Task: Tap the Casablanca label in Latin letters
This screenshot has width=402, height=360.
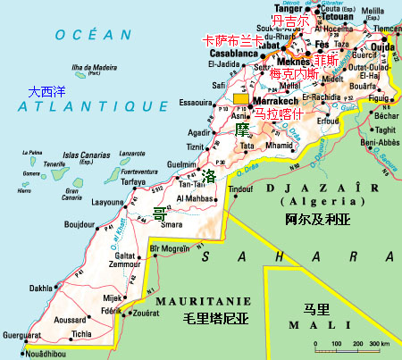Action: [233, 53]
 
